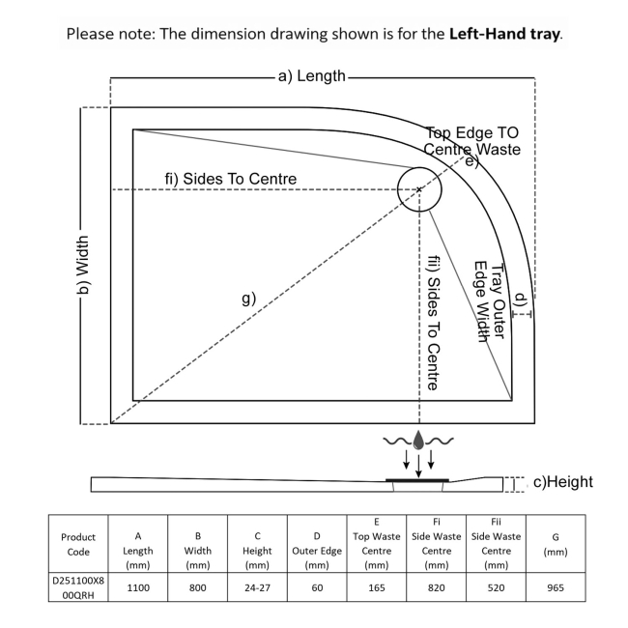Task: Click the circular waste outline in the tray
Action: tap(398, 189)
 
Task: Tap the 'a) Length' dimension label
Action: tap(312, 76)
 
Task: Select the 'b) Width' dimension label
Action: tap(82, 265)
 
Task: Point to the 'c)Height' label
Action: tap(563, 482)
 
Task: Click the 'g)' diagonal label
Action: tap(248, 299)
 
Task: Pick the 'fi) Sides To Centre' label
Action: tap(231, 179)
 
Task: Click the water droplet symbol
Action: tap(418, 441)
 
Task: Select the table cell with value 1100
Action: tap(138, 587)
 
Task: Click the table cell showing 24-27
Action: tap(257, 587)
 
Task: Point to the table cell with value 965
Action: tap(556, 587)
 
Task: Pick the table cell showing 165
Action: tap(377, 587)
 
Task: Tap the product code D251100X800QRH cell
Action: tap(78, 587)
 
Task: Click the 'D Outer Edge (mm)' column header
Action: tap(317, 551)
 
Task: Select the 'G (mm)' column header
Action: tap(556, 544)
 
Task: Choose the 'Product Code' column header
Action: tap(78, 544)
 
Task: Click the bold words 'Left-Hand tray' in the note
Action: tap(504, 34)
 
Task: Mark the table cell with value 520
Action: tap(496, 587)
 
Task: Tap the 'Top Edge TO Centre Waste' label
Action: tap(472, 141)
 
